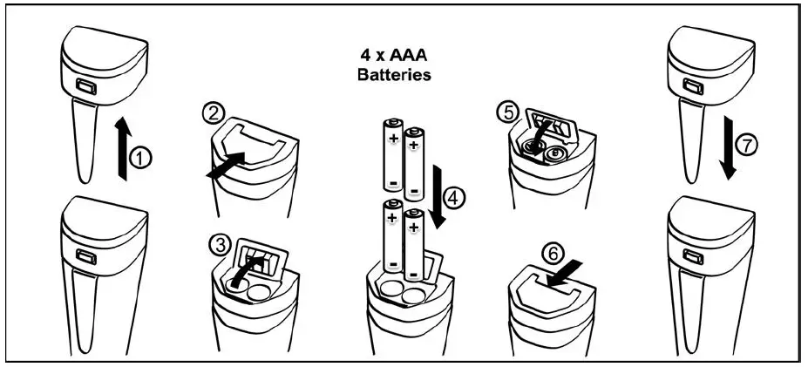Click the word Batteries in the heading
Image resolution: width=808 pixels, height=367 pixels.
(394, 75)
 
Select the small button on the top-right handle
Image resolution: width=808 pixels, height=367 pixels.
(694, 87)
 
